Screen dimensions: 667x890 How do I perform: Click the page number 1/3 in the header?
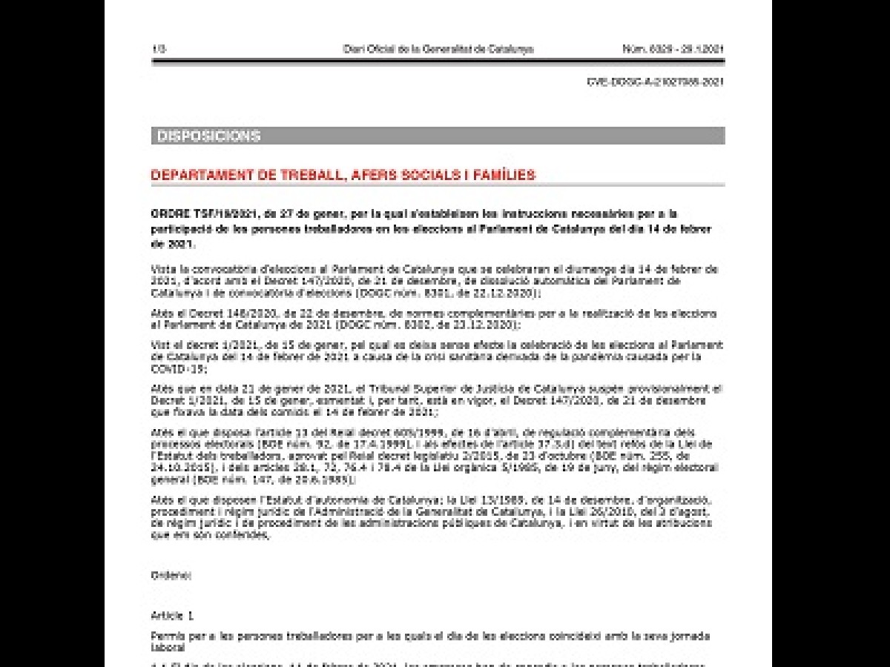158,50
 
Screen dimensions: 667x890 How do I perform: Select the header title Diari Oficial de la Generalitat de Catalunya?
438,50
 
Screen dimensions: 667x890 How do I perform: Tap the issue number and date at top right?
673,50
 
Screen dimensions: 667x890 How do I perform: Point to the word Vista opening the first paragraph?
162,269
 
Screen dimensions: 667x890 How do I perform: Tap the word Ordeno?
171,575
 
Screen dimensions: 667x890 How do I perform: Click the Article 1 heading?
171,615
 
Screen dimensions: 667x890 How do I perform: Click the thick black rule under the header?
438,60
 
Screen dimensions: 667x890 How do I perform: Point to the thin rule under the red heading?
438,185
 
